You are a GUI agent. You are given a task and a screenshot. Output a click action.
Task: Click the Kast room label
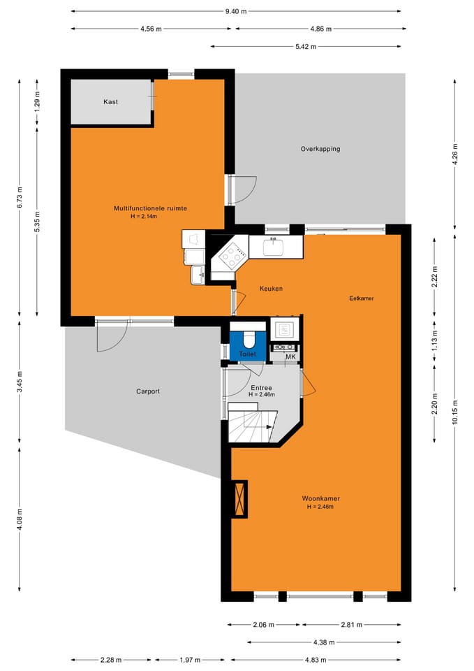tap(110, 102)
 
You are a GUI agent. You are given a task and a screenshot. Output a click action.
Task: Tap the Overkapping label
tap(320, 149)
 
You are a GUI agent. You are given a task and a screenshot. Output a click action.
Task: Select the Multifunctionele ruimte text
tap(150, 208)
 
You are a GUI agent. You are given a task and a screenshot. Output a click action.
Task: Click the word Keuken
tap(271, 289)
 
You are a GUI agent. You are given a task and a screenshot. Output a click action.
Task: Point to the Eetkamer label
tap(362, 298)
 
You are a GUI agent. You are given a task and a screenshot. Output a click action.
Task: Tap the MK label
tap(290, 357)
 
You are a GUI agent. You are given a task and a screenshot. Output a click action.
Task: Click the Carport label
tap(148, 391)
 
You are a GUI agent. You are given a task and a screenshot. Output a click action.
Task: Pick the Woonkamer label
tap(320, 498)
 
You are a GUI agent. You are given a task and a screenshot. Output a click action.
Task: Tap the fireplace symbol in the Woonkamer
tap(239, 499)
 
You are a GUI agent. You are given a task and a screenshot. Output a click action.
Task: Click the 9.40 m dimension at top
tap(235, 11)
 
